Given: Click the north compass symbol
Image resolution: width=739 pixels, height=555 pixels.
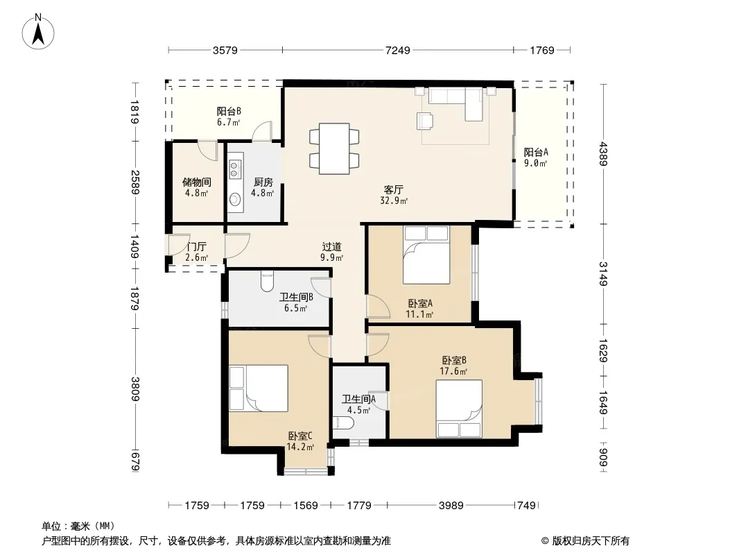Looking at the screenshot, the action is [x=38, y=31].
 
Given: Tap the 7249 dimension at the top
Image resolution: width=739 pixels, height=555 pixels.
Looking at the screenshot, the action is [x=398, y=50].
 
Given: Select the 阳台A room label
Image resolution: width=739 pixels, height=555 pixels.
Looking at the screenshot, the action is [x=536, y=153].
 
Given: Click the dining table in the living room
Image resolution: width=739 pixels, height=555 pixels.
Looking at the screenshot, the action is [x=334, y=148].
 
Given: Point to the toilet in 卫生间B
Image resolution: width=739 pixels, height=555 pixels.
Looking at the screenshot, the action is [x=267, y=281].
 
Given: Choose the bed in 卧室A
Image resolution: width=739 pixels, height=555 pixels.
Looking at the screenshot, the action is [x=426, y=255].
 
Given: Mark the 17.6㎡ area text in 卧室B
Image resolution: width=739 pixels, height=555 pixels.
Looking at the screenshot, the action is [x=453, y=372].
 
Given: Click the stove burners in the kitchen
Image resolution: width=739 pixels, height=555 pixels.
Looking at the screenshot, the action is [x=235, y=169].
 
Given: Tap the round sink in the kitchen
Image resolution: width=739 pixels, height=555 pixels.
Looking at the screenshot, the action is [x=235, y=200].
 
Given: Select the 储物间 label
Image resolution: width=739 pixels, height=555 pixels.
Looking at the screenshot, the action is [x=196, y=182].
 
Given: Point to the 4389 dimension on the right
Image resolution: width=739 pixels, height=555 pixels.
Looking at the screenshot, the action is [x=604, y=154].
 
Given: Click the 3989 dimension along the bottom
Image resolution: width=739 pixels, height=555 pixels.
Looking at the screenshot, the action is [x=451, y=506].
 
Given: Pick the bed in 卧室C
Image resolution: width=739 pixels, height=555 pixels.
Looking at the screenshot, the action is [x=259, y=388].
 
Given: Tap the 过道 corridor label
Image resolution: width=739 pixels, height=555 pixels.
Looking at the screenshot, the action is [x=332, y=246].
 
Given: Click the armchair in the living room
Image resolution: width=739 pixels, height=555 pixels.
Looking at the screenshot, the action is [x=426, y=120].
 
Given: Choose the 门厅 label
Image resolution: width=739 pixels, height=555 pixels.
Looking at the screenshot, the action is [x=196, y=246].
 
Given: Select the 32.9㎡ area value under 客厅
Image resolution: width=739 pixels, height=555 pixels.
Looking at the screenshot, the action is [x=394, y=201].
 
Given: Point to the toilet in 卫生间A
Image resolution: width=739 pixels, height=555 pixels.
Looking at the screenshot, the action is [x=342, y=423].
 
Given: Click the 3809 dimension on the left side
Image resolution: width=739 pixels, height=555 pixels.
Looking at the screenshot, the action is [x=135, y=388].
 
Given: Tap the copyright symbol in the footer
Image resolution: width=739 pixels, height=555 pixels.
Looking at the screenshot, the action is [x=545, y=541].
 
